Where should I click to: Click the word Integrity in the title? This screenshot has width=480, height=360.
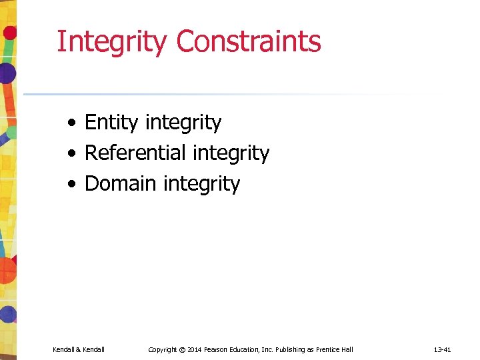tap(112, 41)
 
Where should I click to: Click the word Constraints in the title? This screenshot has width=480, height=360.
tap(248, 41)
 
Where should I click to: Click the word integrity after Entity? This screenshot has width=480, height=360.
tap(183, 123)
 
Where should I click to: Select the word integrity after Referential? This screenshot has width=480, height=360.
tap(231, 153)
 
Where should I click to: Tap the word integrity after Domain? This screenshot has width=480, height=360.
tap(201, 183)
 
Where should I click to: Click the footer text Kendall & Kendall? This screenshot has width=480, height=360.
tap(79, 349)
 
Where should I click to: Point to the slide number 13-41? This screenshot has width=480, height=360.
tap(442, 349)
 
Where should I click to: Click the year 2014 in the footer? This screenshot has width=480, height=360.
tap(195, 349)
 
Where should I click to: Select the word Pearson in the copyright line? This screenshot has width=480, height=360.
tap(220, 349)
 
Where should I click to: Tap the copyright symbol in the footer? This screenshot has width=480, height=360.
tap(181, 349)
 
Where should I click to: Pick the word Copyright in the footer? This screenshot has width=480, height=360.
tap(162, 349)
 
